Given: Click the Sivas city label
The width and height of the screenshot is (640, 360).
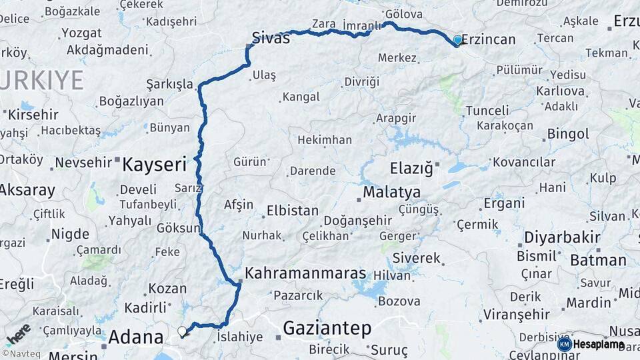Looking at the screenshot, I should coord(271,38).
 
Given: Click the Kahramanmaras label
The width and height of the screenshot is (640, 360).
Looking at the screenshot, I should coord(305,273).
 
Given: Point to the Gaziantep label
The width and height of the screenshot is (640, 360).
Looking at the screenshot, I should coord(327,327).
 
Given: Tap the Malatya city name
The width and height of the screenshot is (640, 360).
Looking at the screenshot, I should coord(391,193).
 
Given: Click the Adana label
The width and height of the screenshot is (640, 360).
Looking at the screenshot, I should coord(136,336).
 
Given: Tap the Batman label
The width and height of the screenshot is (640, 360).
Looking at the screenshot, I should coord(598,260).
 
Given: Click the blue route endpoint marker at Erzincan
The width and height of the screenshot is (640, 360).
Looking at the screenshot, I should coord(457,40).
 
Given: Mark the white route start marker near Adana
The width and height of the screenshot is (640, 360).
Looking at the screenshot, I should coord(182,331).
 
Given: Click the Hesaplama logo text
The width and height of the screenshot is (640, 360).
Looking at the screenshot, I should coord(597,344).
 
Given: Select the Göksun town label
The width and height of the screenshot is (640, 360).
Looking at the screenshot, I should coord(178,228).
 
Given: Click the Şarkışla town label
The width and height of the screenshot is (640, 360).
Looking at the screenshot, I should coord(169,85).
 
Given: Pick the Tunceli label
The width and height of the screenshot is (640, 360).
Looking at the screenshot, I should coord(487,110).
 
